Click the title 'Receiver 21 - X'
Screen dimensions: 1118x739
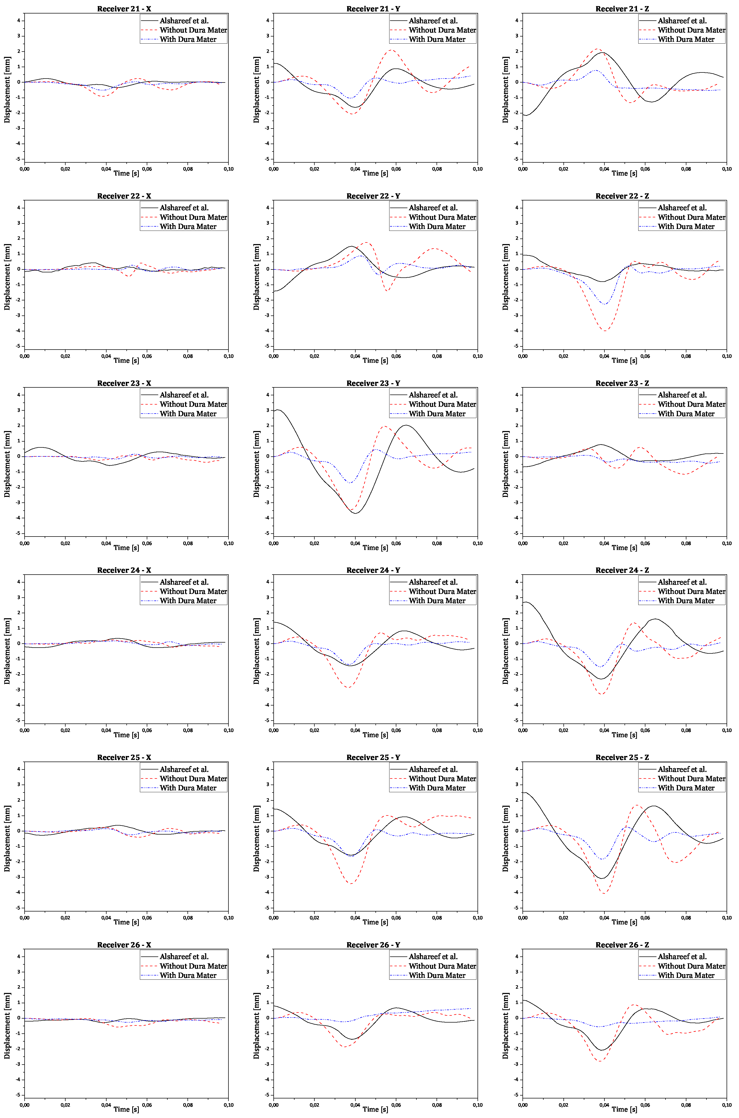click(124, 8)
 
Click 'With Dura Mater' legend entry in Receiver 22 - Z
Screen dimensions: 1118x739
click(686, 227)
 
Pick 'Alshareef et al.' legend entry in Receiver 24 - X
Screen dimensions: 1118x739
click(184, 582)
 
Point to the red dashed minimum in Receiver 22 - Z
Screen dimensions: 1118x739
click(604, 331)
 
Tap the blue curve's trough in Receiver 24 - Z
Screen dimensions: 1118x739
click(601, 666)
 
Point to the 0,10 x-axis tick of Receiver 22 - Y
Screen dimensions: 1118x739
click(478, 356)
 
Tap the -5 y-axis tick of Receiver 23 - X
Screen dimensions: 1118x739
click(19, 533)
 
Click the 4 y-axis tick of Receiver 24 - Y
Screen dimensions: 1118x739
click(267, 582)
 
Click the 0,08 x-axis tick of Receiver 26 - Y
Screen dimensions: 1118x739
click(437, 1105)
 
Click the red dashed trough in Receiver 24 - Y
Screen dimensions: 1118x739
click(348, 687)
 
